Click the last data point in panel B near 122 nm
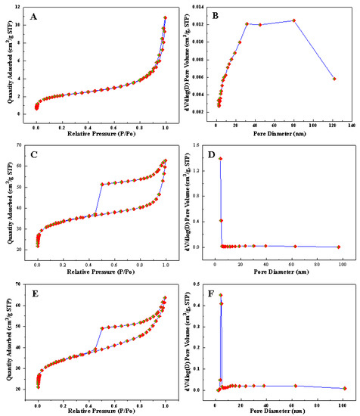(x=334, y=79)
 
